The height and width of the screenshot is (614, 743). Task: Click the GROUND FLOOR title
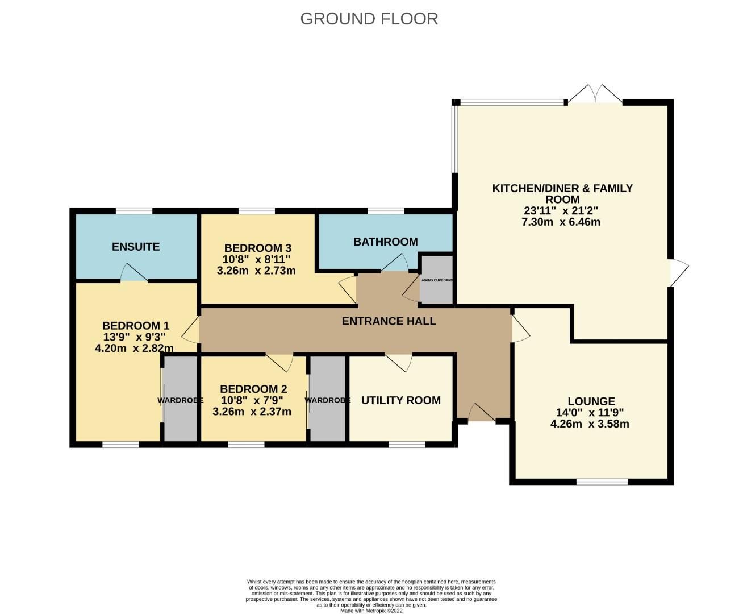369,19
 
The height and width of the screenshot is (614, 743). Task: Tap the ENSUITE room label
136,247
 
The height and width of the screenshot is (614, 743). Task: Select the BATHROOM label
385,242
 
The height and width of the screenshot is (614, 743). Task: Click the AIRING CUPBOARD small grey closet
436,280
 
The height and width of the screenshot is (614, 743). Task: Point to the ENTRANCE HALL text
389,321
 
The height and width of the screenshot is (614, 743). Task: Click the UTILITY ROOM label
400,400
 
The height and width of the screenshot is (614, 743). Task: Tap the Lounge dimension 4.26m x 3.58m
590,424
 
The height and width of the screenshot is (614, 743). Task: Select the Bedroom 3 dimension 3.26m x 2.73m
256,271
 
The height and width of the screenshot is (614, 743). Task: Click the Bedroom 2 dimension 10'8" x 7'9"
253,400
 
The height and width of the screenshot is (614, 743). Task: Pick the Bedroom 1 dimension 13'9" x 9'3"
135,337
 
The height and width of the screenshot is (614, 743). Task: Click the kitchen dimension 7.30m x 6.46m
561,222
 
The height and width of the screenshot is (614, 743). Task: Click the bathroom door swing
394,263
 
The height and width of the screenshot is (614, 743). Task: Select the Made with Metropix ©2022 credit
371,611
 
